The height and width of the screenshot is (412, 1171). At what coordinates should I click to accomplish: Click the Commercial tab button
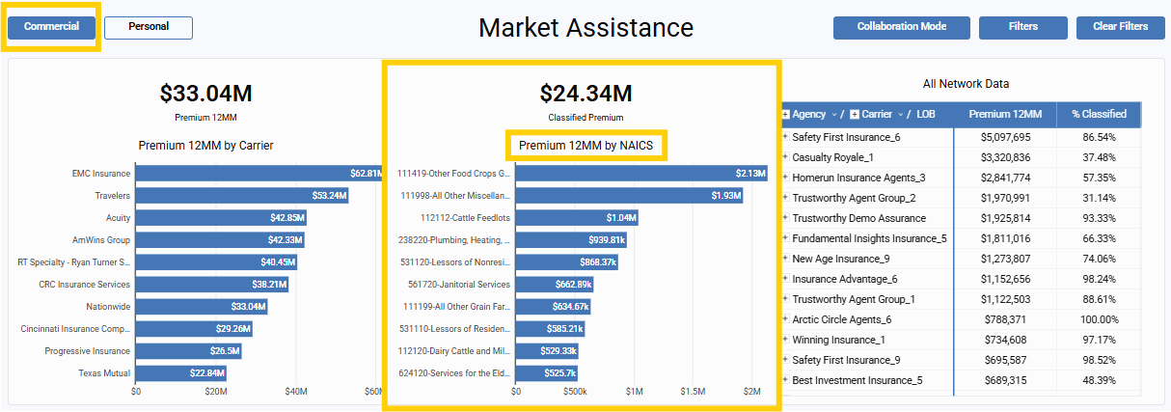(x=51, y=27)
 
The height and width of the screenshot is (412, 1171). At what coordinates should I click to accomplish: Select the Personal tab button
(x=148, y=27)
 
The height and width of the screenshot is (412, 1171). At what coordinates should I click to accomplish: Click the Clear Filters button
(x=1120, y=27)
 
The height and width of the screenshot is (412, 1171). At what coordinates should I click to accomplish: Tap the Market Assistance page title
(x=585, y=28)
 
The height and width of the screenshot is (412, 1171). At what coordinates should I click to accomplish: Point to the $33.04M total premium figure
(x=205, y=94)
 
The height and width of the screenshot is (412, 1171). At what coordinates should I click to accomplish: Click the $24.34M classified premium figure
(x=585, y=94)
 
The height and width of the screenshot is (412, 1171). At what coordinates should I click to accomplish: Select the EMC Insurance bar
(x=259, y=174)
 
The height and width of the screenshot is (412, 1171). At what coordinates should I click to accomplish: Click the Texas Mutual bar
(x=181, y=373)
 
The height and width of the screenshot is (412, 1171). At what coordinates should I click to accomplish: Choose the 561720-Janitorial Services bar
(x=554, y=285)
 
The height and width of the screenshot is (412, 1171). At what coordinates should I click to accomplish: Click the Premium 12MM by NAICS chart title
(x=585, y=146)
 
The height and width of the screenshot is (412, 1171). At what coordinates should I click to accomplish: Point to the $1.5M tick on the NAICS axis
(x=692, y=392)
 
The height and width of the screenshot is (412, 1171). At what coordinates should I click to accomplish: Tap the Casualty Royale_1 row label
(x=832, y=157)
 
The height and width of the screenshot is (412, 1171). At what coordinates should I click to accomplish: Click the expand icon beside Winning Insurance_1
(x=785, y=340)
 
